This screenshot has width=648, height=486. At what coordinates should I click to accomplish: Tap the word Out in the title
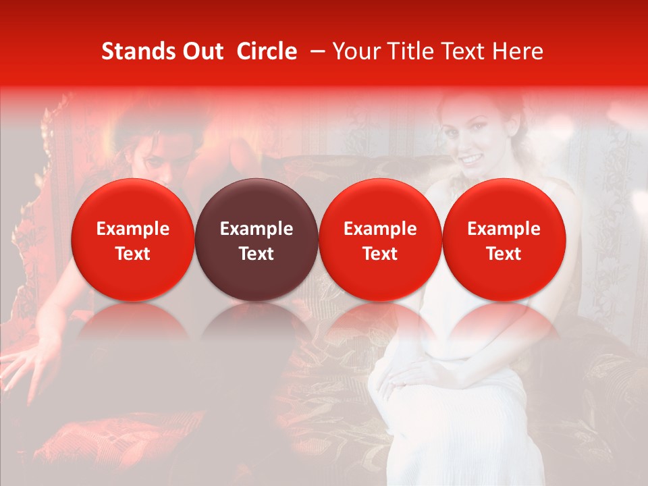click(x=200, y=51)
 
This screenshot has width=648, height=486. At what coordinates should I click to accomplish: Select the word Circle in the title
click(x=267, y=51)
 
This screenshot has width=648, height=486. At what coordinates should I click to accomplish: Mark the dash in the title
click(x=315, y=51)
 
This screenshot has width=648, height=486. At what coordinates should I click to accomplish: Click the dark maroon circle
click(x=256, y=240)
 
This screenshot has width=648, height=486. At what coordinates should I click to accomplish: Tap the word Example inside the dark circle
click(x=256, y=229)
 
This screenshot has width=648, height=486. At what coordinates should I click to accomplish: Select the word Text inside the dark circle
click(x=256, y=254)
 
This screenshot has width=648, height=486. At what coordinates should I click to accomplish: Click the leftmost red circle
click(x=133, y=240)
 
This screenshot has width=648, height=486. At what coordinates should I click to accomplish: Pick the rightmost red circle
click(x=504, y=240)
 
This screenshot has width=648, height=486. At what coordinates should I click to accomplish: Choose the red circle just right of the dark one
click(x=380, y=240)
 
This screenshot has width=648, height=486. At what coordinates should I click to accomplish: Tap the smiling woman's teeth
click(x=472, y=159)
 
